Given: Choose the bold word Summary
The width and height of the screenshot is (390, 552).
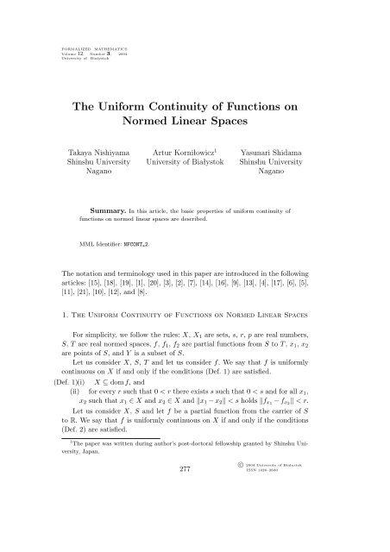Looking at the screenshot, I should pos(114,234).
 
